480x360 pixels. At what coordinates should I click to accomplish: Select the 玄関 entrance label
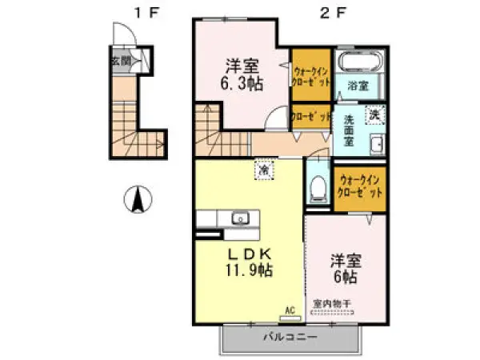pos(120,59)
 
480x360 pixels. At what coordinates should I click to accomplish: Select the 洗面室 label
pos(349,130)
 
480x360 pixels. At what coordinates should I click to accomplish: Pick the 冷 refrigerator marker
pos(262,169)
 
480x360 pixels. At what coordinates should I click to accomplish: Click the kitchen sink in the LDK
pos(238,217)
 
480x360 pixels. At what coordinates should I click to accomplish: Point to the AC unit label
pos(290,309)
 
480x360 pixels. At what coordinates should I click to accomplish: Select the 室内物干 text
pos(331,303)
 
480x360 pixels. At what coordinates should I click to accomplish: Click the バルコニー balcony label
pos(290,337)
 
